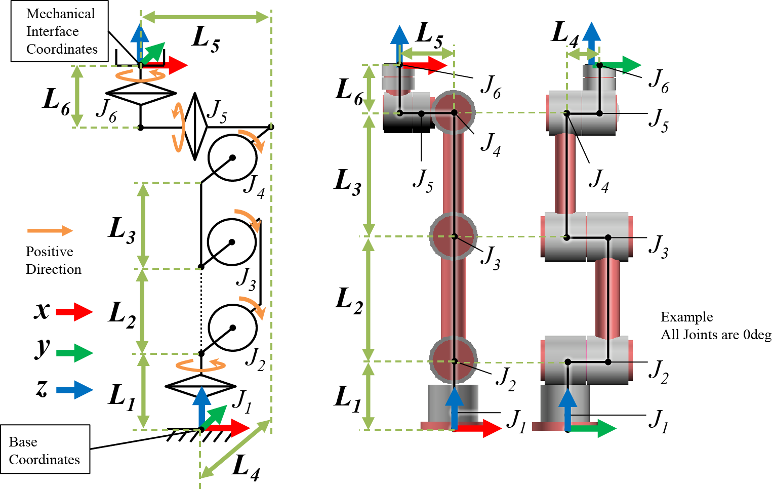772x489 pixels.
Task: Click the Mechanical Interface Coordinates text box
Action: [x=60, y=31]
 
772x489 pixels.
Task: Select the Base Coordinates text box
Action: [x=45, y=450]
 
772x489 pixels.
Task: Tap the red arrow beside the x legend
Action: [x=74, y=312]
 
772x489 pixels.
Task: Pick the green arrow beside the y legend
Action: [x=74, y=353]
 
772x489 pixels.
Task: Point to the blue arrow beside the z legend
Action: [x=74, y=389]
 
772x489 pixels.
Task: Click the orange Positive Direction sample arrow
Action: [x=50, y=231]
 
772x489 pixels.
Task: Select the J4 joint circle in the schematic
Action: [x=232, y=157]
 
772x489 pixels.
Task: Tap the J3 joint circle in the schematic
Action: [x=232, y=242]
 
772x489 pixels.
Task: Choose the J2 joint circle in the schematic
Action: [x=232, y=328]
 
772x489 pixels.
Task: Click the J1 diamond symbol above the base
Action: [x=201, y=386]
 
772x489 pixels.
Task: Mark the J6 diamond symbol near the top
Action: [x=141, y=94]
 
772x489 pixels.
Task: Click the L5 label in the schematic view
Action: [x=206, y=39]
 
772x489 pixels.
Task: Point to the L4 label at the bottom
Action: [x=246, y=467]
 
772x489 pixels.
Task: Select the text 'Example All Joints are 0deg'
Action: [x=715, y=326]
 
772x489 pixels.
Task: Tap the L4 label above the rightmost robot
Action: [x=565, y=34]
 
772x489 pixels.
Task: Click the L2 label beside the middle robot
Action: [x=349, y=300]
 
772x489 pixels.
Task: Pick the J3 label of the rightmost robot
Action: [x=659, y=247]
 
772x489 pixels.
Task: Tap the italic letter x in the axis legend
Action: [x=42, y=310]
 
